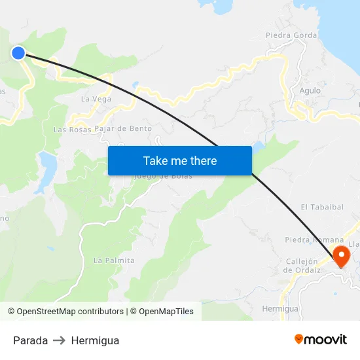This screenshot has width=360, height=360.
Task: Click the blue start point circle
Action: tap(18, 53)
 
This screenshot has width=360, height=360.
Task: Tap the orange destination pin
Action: tap(340, 255)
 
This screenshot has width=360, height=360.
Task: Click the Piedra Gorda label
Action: tap(291, 35)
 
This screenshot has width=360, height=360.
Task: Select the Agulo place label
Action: tap(310, 90)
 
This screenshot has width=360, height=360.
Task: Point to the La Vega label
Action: tap(96, 99)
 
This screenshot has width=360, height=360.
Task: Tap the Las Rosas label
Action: tap(72, 130)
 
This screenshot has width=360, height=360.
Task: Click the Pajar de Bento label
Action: tap(123, 128)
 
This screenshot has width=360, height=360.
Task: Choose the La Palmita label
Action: tap(114, 261)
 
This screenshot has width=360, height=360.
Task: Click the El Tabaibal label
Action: tap(322, 207)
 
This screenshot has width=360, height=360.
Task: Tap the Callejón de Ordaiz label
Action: tap(302, 265)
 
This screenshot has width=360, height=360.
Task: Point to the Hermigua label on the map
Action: tap(279, 308)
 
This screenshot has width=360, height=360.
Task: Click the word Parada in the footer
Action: tap(30, 340)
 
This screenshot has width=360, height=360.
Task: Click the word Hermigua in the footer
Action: tap(95, 340)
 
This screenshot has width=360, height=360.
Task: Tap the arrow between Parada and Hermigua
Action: tap(60, 340)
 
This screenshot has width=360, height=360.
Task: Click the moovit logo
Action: tap(320, 339)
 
